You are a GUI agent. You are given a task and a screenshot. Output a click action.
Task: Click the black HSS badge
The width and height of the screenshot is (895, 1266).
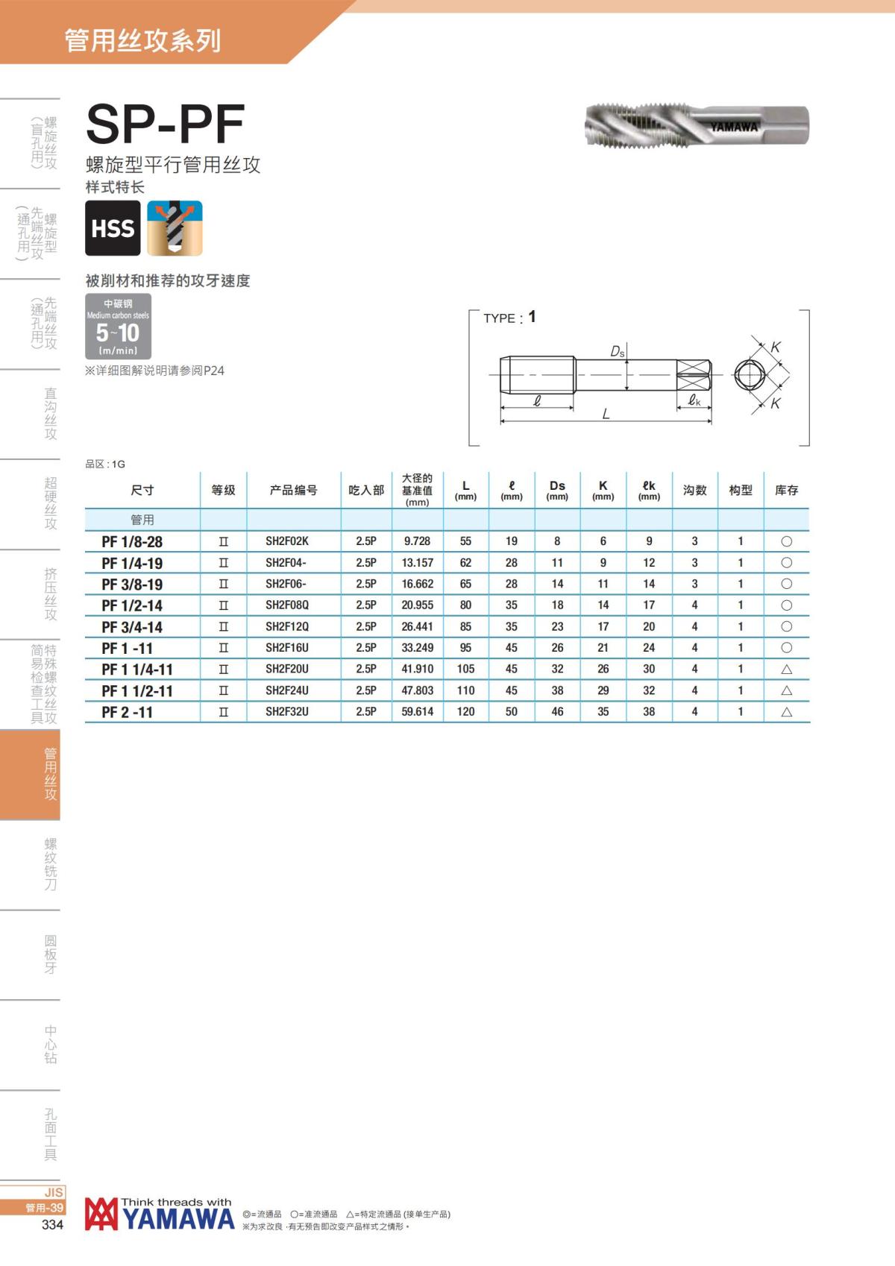click(113, 228)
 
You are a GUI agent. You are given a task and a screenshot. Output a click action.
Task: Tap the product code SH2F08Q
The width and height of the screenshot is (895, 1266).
click(287, 605)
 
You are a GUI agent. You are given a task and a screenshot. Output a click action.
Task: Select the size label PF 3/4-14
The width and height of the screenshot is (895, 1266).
click(132, 627)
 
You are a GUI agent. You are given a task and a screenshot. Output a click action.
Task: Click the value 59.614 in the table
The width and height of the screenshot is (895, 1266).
click(417, 711)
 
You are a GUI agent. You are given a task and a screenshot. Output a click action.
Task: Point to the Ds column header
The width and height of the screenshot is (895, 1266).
click(557, 490)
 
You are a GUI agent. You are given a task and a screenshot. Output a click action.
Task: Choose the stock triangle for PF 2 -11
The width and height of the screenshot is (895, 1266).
click(786, 711)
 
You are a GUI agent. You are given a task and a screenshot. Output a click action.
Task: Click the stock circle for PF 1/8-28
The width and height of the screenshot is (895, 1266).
click(786, 541)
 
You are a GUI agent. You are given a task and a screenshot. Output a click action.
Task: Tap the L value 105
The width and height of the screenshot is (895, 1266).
click(466, 670)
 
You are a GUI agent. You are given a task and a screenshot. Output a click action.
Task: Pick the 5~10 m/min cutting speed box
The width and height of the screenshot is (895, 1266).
click(118, 326)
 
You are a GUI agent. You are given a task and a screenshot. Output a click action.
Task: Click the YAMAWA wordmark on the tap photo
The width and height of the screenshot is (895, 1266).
click(734, 127)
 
